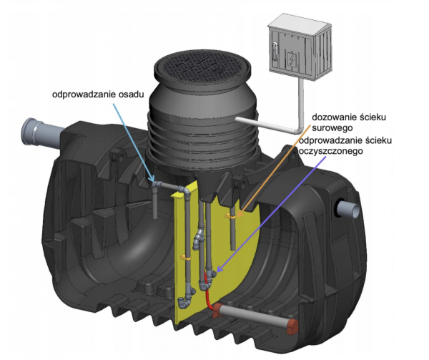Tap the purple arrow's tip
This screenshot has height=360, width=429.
pyautogui.click(x=215, y=273)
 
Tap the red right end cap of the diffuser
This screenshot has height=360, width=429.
pyautogui.click(x=292, y=323)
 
